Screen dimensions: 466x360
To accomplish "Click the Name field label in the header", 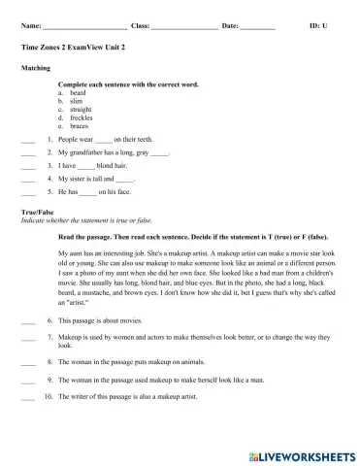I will click(30, 23).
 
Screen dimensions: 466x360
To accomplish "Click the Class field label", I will click(140, 23).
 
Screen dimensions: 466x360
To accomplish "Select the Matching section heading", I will click(36, 69).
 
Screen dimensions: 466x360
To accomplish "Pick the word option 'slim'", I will click(77, 101).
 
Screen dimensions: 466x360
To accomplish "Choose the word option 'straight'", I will click(82, 110).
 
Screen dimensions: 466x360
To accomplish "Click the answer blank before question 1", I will click(27, 141).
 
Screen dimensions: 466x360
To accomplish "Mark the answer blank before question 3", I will click(27, 167).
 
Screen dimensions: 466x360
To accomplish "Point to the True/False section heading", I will click(40, 210).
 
